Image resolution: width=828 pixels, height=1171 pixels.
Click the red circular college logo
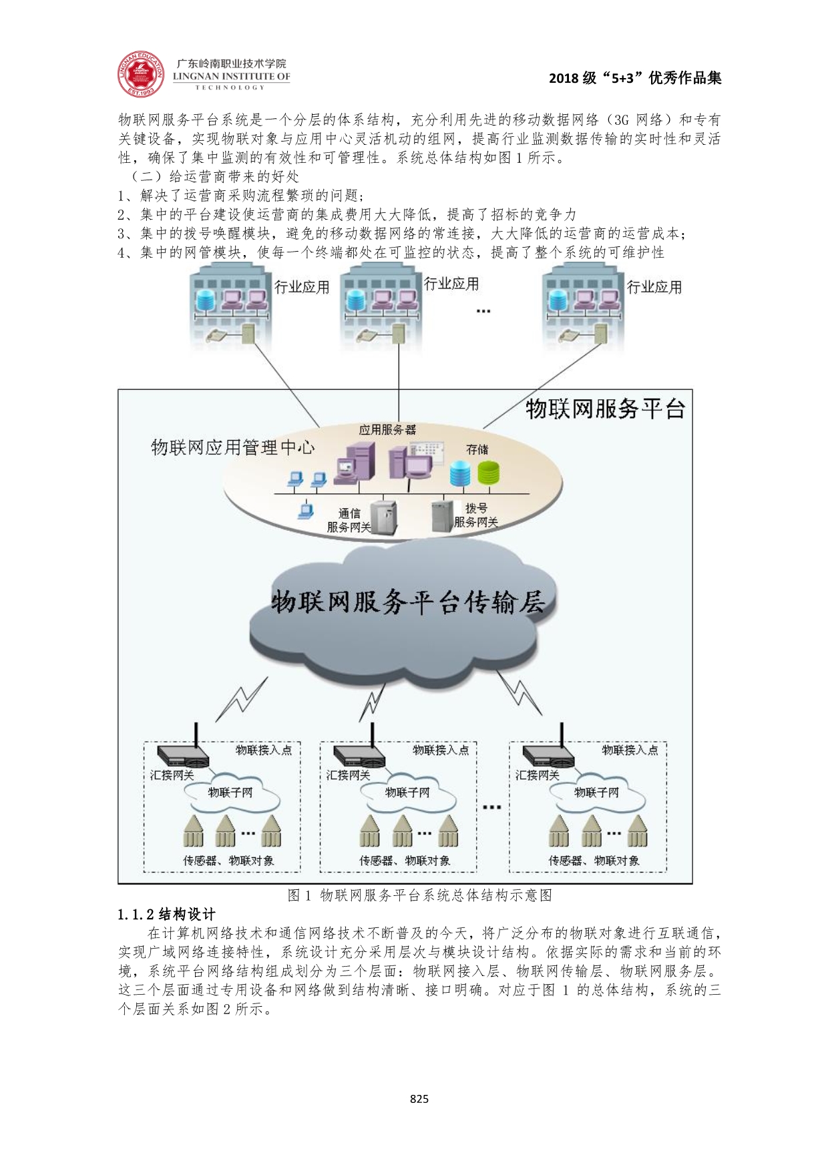tap(141, 73)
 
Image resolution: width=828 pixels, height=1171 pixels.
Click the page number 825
tap(419, 1098)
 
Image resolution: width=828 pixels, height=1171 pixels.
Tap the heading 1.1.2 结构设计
tap(166, 914)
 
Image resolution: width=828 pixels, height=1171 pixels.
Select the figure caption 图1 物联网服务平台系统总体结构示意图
tap(419, 895)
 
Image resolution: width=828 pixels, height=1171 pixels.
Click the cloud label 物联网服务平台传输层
tap(407, 602)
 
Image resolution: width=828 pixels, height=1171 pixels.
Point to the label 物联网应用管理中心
tap(232, 447)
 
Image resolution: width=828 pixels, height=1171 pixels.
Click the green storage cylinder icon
tap(488, 473)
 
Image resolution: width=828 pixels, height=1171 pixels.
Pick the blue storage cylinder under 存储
tap(460, 473)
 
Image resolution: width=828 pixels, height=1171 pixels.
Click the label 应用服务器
tap(387, 429)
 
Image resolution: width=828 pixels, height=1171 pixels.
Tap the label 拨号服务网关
tap(475, 515)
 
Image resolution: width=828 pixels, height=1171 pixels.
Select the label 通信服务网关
tap(349, 520)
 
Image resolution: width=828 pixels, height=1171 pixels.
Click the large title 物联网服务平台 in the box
tap(605, 409)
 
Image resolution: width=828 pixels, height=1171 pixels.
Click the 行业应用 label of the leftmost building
tap(302, 287)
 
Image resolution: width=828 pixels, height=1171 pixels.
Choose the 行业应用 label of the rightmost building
tap(654, 287)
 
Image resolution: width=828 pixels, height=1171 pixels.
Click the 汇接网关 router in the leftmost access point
tap(183, 756)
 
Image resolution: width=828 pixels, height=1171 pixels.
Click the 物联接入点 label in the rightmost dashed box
tap(630, 750)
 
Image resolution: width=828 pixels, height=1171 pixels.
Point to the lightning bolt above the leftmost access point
tap(242, 700)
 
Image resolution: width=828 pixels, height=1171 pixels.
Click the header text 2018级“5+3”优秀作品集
tap(634, 78)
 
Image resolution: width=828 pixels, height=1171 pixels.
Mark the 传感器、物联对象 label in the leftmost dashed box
tap(228, 861)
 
